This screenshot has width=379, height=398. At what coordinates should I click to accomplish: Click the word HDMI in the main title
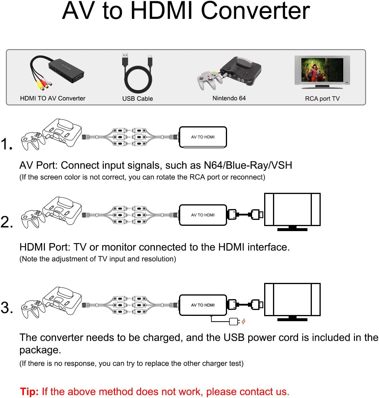point(163,11)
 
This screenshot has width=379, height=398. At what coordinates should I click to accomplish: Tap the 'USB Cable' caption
point(138,99)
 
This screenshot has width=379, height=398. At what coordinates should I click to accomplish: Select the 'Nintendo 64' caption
point(229,98)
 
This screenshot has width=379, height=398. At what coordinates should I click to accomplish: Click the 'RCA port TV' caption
point(322,99)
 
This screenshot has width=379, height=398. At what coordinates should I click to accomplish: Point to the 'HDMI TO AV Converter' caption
point(52,98)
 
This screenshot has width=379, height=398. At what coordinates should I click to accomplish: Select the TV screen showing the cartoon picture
point(322,70)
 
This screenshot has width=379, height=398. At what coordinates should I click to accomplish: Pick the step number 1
point(6,144)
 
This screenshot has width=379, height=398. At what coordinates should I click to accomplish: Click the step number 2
point(6,222)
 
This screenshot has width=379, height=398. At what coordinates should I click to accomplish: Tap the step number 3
point(6,308)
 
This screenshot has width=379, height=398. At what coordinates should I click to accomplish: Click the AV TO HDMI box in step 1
point(203,137)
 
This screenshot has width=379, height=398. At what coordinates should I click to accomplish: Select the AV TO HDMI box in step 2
point(203,215)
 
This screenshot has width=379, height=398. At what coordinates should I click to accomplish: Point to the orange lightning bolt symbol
point(244,321)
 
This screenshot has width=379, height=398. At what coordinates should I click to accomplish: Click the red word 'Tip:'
point(29,392)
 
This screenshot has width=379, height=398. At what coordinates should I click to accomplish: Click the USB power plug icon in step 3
point(234,321)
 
